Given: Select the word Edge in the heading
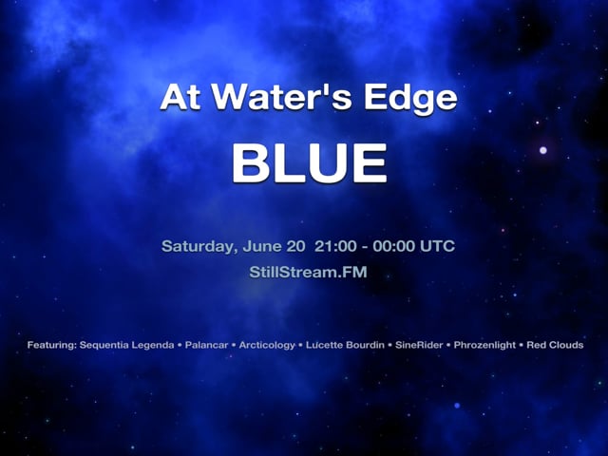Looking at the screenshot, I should click(414, 99).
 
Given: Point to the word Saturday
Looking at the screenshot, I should click(198, 247).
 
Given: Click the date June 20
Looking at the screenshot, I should click(273, 247).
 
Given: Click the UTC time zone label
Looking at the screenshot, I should click(437, 247).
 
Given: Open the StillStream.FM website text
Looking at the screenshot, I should click(304, 273).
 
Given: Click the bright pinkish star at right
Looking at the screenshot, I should click(543, 149).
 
